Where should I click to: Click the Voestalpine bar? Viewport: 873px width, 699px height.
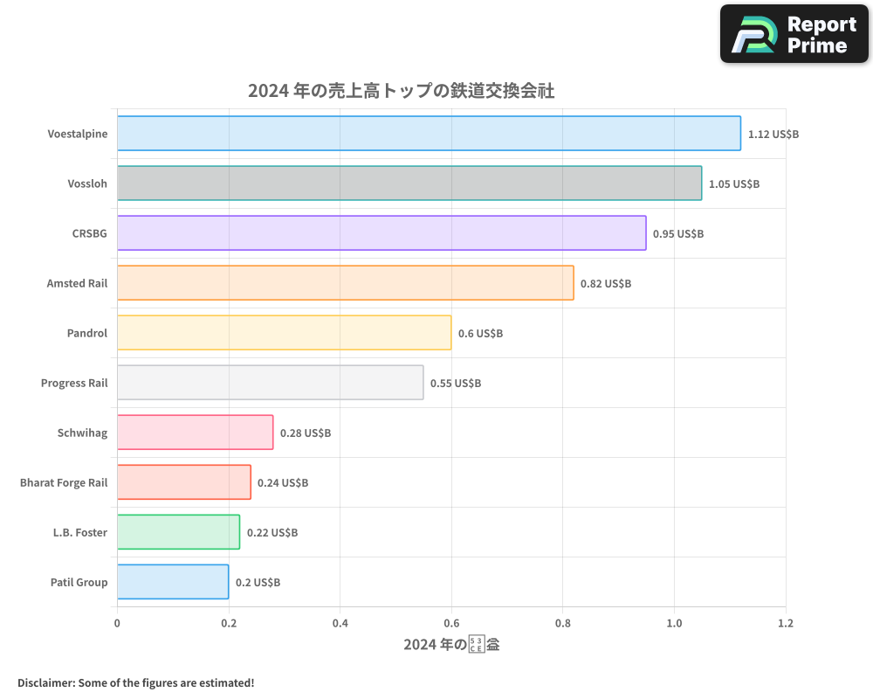pos(429,134)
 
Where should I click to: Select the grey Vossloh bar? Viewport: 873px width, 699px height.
pos(409,183)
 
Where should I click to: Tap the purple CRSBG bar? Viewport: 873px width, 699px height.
pos(382,233)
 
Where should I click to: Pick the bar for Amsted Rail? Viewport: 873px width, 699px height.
pos(345,283)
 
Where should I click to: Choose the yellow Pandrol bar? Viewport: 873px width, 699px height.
pos(284,333)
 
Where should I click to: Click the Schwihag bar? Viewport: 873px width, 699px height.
pos(195,433)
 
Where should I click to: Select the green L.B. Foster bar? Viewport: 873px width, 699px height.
pos(178,532)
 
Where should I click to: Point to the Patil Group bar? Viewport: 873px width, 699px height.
pos(173,582)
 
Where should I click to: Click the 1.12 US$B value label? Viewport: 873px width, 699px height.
pos(773,135)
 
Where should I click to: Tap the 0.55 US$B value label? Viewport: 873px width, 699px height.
pos(456,384)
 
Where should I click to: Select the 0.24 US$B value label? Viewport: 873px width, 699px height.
pos(283,483)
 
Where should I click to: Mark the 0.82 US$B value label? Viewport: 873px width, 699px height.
pos(606,284)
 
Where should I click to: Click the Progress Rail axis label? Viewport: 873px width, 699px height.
pos(74,384)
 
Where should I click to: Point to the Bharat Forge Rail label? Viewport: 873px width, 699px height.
pos(64,483)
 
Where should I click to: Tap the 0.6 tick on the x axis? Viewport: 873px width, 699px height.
pos(451,624)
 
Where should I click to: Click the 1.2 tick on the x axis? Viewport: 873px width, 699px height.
pos(786,624)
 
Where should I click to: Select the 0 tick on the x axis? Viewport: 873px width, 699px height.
pos(117,624)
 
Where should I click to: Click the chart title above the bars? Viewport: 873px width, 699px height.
pos(401,91)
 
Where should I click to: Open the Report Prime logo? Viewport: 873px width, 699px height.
pos(794,34)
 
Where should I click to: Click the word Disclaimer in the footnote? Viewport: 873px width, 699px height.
pos(45,682)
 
